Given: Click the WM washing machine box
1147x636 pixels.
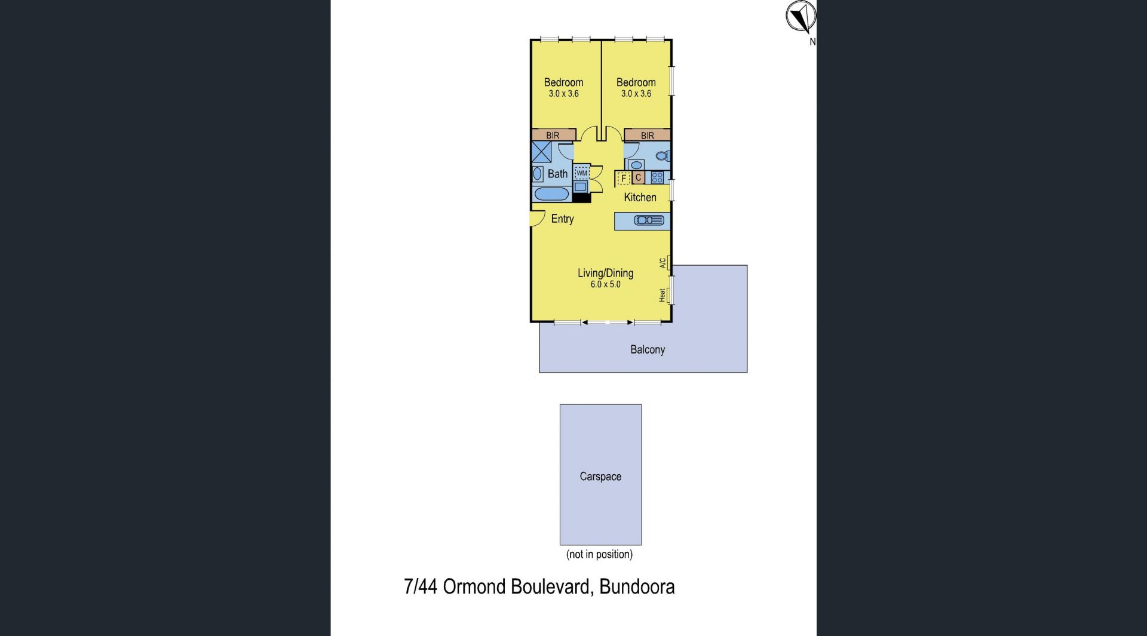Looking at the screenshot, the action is pyautogui.click(x=582, y=173).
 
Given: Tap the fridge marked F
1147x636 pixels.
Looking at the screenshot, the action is pyautogui.click(x=624, y=178).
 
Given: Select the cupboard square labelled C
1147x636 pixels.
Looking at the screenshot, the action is pyautogui.click(x=638, y=178).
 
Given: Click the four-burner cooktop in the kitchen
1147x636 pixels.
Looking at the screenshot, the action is pyautogui.click(x=657, y=177).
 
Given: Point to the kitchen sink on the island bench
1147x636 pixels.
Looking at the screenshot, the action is pyautogui.click(x=649, y=221).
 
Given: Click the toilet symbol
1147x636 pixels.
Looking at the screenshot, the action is pyautogui.click(x=663, y=156).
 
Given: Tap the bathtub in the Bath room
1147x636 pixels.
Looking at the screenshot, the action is pyautogui.click(x=551, y=194).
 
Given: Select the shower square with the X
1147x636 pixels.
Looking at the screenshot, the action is pyautogui.click(x=541, y=152).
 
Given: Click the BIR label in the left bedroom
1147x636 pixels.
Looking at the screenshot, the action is pyautogui.click(x=553, y=136).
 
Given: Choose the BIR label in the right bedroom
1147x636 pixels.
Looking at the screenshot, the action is pyautogui.click(x=648, y=136).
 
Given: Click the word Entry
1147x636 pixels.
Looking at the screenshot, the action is pyautogui.click(x=562, y=219).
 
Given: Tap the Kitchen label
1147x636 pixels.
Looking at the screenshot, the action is pyautogui.click(x=640, y=197).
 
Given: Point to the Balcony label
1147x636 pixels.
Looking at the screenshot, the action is pyautogui.click(x=648, y=349).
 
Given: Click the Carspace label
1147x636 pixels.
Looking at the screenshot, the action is pyautogui.click(x=600, y=477).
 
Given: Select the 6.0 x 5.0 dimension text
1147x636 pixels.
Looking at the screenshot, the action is pyautogui.click(x=606, y=285).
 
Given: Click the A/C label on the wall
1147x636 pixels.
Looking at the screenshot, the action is pyautogui.click(x=663, y=263).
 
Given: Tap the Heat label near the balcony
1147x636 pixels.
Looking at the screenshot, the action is pyautogui.click(x=662, y=295).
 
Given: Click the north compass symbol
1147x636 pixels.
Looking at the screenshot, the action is pyautogui.click(x=801, y=17).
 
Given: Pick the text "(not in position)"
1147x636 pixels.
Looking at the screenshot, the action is pyautogui.click(x=599, y=554).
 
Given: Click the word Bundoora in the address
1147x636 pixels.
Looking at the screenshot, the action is pyautogui.click(x=637, y=586).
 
